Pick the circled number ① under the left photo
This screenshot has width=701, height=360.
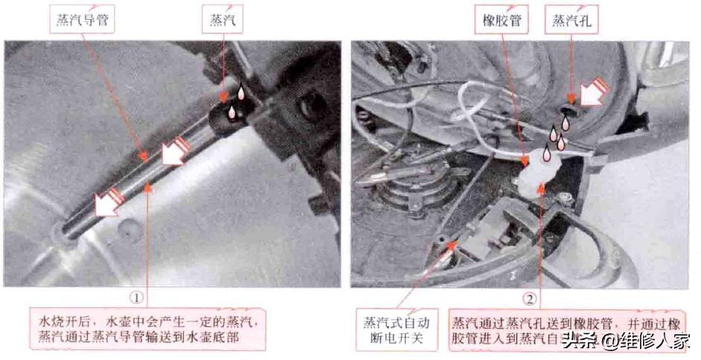[x=136, y=297]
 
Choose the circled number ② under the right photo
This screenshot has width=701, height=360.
[x=529, y=299]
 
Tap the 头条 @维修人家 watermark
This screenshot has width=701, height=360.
[x=626, y=341]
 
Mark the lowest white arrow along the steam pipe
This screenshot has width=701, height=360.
[x=105, y=200]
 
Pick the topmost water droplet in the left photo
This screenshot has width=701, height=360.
[x=241, y=92]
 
